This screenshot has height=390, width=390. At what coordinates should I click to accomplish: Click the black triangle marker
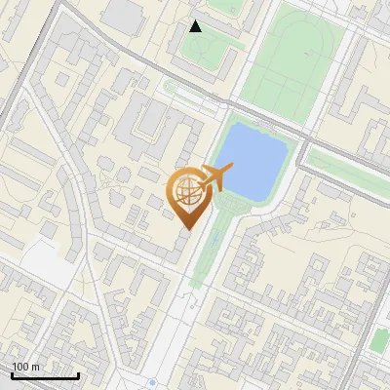196,26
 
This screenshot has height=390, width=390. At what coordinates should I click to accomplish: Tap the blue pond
252,161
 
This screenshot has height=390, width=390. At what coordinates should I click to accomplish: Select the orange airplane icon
214,178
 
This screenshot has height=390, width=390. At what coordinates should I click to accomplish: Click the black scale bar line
45,376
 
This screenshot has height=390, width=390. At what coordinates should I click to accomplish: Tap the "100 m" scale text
26,367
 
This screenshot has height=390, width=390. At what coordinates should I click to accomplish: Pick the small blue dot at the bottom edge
153,382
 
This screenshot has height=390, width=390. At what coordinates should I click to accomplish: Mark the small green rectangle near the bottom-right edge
379,340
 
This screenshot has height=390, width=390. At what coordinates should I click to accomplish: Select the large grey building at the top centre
122,13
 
